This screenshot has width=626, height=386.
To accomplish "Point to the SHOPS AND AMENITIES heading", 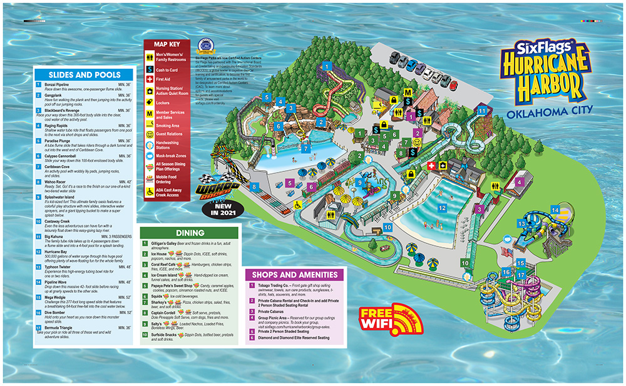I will click(x=295, y=274).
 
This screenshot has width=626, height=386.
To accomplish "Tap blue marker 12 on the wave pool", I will click(x=441, y=208).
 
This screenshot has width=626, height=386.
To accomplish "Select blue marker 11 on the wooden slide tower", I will click(x=482, y=110).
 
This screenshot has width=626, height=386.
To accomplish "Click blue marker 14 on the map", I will click(x=555, y=210).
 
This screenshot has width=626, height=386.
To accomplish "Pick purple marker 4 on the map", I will click(x=519, y=183).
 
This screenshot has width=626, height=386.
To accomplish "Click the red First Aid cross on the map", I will click(x=431, y=165).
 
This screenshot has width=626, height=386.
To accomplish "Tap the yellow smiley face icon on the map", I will click(x=416, y=143).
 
